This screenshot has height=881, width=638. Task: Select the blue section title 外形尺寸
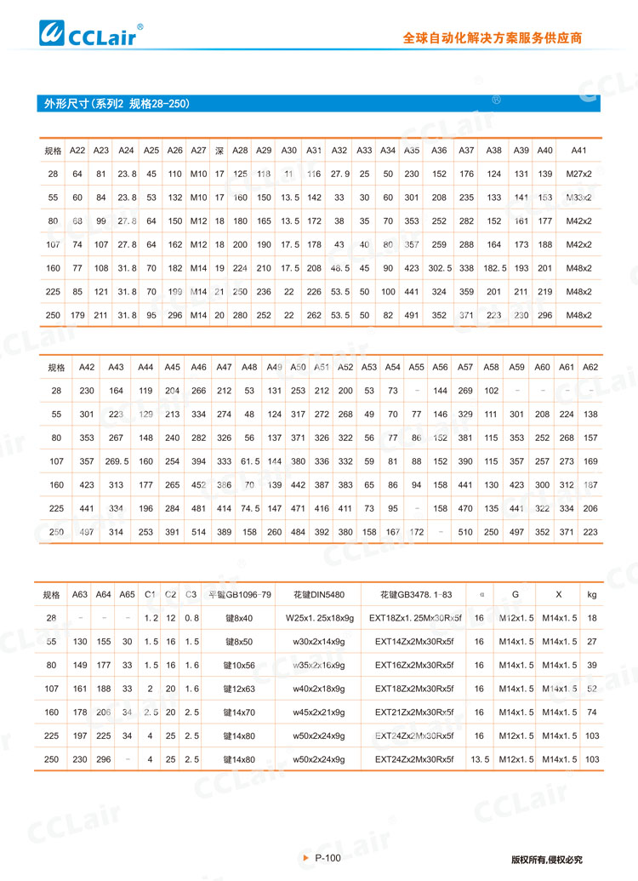point(117,104)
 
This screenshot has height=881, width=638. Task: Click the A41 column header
point(579,151)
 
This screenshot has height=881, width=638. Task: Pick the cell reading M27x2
point(579,174)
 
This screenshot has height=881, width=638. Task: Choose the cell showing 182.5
point(493,268)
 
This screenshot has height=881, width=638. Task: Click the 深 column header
point(219,151)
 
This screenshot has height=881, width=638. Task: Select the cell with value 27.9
point(339,174)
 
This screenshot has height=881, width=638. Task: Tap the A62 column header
point(590,367)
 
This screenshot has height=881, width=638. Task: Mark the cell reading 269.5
point(117,461)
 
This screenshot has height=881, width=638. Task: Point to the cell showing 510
point(465,532)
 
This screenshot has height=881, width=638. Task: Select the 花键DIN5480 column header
point(318,593)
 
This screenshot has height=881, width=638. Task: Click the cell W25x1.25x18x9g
point(318,617)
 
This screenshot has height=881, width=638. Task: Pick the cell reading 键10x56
point(241,664)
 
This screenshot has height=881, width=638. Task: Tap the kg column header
point(592,593)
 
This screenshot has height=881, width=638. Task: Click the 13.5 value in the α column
point(479,758)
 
